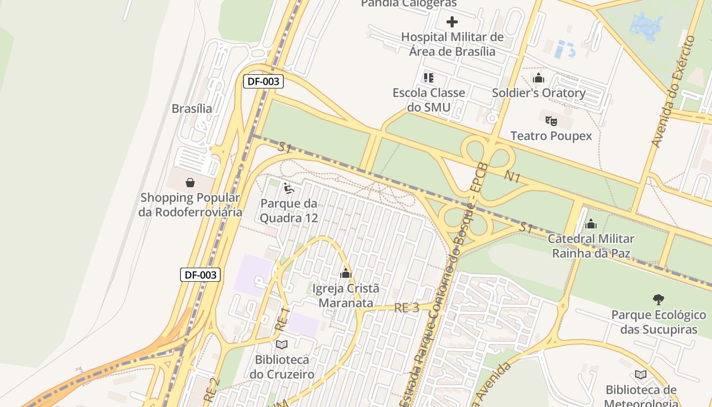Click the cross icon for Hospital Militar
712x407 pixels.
452,22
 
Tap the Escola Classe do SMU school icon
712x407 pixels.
429,78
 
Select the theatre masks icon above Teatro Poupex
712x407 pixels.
551,121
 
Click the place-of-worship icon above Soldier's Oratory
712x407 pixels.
539,78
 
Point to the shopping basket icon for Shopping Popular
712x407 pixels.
190,183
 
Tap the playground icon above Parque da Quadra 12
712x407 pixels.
289,189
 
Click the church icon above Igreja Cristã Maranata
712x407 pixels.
346,274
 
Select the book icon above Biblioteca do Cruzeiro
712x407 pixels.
281,345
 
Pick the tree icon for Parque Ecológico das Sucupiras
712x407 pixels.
659,300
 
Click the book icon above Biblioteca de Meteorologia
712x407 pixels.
641,375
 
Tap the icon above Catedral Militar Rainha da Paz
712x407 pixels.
591,224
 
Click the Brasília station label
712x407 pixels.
192,108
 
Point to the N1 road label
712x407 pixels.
513,177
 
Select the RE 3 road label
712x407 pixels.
407,308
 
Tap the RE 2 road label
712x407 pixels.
212,389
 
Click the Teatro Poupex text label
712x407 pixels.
551,136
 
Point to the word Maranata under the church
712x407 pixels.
346,303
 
